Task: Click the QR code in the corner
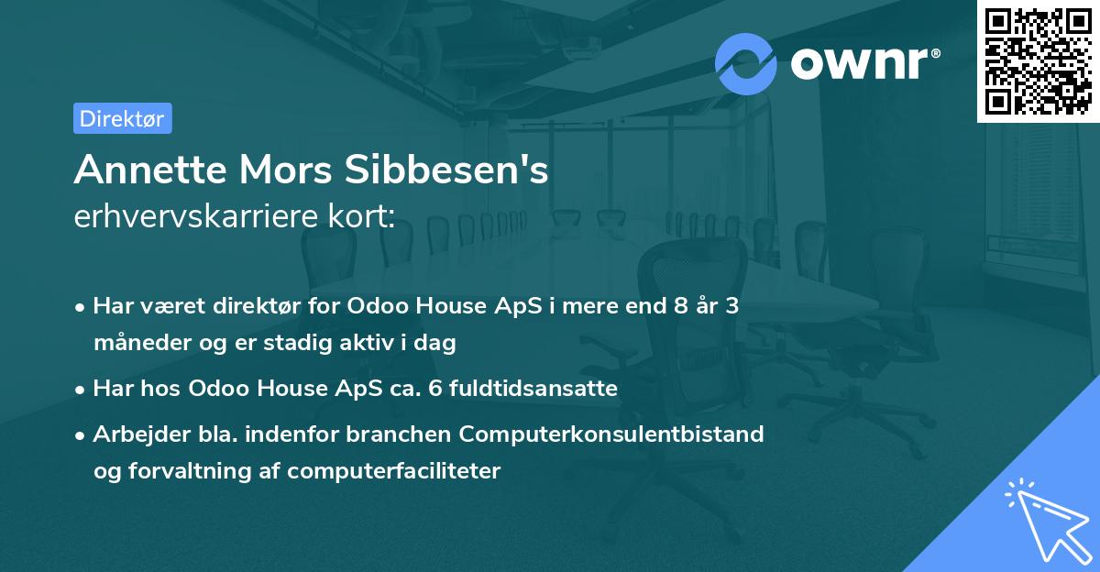coord(1039,60)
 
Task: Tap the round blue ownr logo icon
coord(746,64)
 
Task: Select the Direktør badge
coord(122,118)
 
